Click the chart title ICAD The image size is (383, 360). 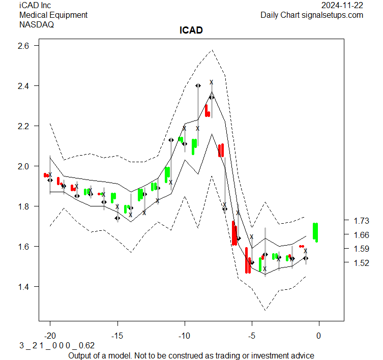[x=191, y=31]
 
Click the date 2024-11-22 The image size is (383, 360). [x=342, y=6]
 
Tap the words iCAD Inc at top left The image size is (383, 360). [x=35, y=6]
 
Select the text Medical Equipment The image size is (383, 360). [x=53, y=15]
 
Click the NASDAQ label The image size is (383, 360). [x=37, y=24]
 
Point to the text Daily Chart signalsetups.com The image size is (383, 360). [x=312, y=15]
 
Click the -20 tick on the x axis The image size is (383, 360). [x=50, y=336]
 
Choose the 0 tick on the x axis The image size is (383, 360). [x=319, y=336]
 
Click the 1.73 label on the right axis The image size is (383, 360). [x=360, y=221]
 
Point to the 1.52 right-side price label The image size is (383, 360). [x=360, y=263]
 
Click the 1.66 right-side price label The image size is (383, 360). [x=360, y=235]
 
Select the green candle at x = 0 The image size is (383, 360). [x=316, y=232]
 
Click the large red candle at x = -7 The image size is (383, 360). [x=220, y=151]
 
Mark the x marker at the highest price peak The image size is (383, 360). [x=212, y=82]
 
